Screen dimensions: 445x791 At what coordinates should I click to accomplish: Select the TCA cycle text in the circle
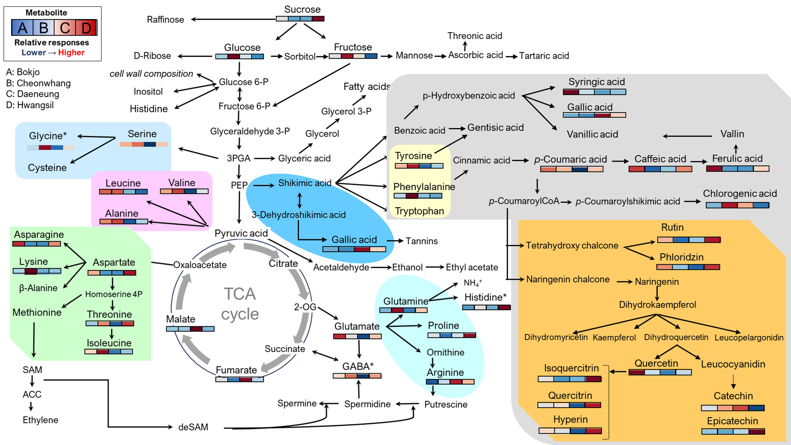240,304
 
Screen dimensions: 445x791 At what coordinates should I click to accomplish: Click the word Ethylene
40,420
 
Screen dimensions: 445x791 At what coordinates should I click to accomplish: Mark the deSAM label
193,427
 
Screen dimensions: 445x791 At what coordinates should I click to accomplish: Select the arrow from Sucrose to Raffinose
233,19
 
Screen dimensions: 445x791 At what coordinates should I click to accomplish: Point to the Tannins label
422,241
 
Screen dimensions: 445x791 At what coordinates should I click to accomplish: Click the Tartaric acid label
544,56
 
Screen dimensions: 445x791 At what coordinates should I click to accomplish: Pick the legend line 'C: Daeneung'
33,94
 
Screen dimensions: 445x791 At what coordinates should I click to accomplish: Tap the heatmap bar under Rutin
689,240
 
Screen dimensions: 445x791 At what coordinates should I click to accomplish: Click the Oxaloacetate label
200,265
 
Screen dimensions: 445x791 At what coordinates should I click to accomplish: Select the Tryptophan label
419,211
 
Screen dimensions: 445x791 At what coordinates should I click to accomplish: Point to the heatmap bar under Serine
144,144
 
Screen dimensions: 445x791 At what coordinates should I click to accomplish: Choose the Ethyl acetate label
472,267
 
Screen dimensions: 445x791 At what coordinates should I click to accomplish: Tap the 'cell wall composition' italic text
151,74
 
